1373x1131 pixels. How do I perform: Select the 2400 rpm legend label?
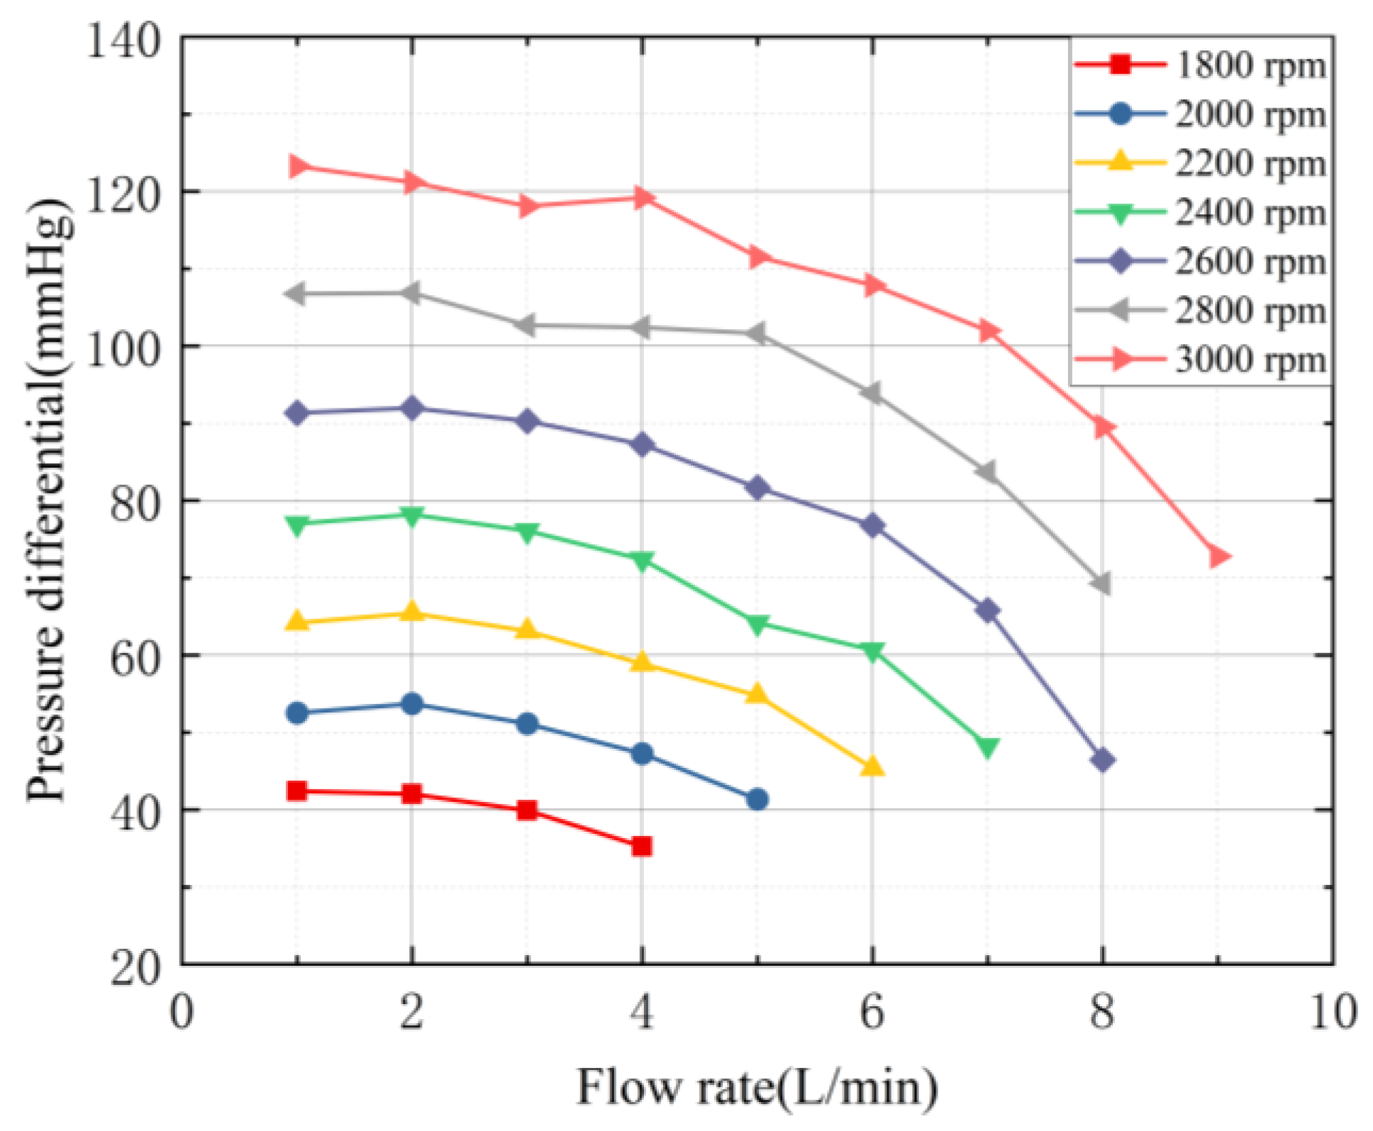point(1250,212)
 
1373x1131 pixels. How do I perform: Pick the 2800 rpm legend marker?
point(1120,310)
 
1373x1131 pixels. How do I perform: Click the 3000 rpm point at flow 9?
point(1218,557)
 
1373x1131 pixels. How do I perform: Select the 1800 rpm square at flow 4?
point(642,846)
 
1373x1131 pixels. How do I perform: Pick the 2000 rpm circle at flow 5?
point(757,800)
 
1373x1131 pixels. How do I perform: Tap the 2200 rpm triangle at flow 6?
point(872,767)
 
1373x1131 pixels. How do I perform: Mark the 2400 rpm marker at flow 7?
point(987,747)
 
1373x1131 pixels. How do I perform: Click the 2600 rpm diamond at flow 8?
point(1102,760)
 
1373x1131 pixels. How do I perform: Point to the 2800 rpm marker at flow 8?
point(1101,584)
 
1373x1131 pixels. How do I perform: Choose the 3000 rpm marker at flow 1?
point(298,166)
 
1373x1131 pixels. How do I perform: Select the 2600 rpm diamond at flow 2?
point(412,408)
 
